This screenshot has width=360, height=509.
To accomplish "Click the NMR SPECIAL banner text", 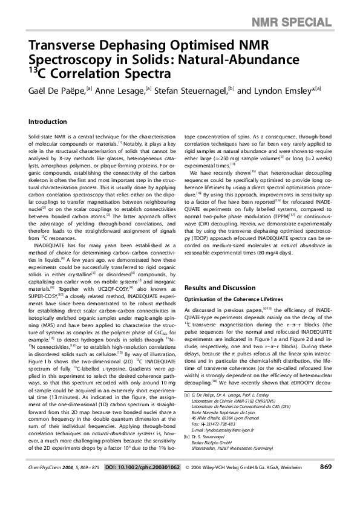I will (313, 7).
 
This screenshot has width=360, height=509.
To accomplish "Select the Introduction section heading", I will (48, 122).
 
